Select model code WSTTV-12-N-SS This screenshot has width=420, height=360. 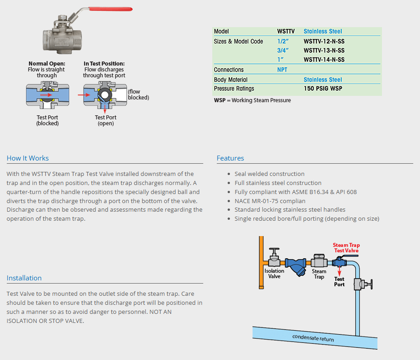click(x=324, y=41)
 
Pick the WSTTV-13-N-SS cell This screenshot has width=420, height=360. click(x=324, y=50)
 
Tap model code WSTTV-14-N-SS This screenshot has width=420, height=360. click(x=324, y=60)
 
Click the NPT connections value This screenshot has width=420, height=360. click(x=282, y=70)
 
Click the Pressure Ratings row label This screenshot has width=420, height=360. click(x=234, y=89)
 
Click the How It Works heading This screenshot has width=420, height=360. click(x=28, y=158)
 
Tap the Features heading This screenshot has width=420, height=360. click(x=230, y=158)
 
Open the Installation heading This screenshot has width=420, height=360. click(x=24, y=278)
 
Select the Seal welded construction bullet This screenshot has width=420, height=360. click(x=269, y=174)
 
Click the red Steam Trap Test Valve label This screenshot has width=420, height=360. click(x=346, y=248)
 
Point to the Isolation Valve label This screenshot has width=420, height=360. click(x=274, y=274)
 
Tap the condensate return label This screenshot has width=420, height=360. click(x=313, y=338)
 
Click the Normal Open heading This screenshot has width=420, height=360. click(x=47, y=64)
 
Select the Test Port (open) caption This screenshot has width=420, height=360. click(x=105, y=120)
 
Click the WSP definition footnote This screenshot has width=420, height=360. click(x=252, y=100)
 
